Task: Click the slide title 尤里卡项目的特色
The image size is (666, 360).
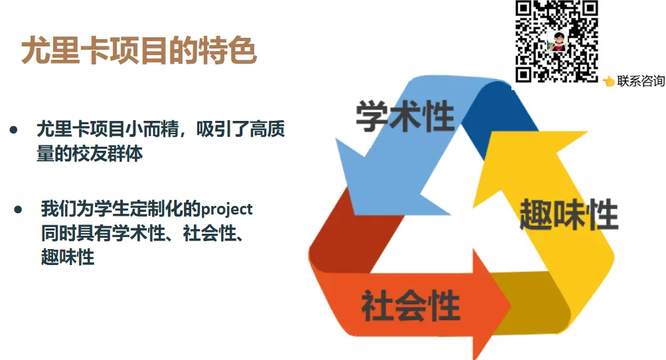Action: coord(139,51)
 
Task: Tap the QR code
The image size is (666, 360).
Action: coord(557,41)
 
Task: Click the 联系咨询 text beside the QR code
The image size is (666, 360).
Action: coord(641,80)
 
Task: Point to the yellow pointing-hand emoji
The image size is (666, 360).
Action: coord(609,81)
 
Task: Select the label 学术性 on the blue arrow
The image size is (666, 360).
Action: coord(405,116)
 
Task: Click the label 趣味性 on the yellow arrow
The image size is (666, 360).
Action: coord(569,215)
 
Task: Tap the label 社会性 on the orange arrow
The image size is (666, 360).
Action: coord(411,305)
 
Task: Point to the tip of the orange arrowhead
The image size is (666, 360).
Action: coord(511,304)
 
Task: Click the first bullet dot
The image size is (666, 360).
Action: coord(13,130)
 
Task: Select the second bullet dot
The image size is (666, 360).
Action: coord(18,209)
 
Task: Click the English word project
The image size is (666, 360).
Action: coord(226,209)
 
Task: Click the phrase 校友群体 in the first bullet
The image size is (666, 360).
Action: coord(108,153)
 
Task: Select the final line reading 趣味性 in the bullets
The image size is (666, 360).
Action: coord(68,257)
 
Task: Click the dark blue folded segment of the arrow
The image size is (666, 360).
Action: coord(497,116)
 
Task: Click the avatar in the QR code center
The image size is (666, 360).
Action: coord(558,42)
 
